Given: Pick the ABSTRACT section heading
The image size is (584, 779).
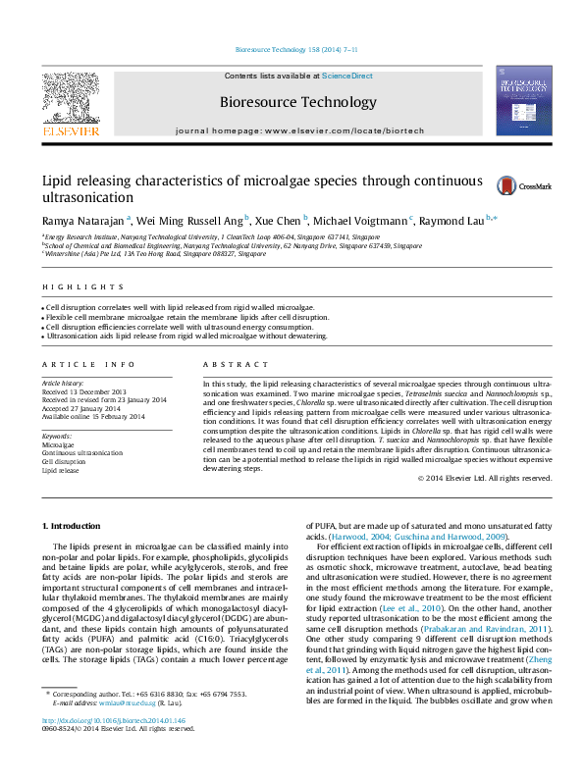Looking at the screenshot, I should [222, 365].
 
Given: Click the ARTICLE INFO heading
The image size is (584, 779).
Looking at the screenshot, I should [82, 365].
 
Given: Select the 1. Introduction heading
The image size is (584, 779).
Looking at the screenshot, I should [74, 528].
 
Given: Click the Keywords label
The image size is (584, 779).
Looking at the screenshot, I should [57, 436].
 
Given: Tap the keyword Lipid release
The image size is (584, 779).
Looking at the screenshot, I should [61, 471].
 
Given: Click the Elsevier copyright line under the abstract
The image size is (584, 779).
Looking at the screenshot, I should [484, 478].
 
